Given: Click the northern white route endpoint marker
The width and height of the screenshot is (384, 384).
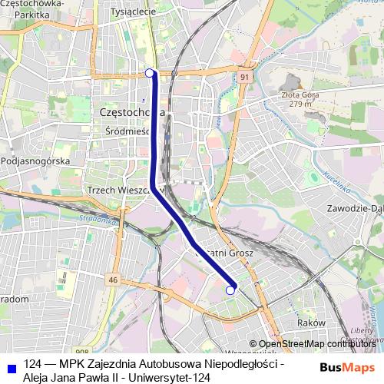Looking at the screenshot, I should pos(149,73).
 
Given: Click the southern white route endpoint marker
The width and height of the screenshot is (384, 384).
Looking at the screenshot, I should pos(230,290).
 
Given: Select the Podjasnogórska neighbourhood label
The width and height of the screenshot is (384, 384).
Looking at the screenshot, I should pos(36,161).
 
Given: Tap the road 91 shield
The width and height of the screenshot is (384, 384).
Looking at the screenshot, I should pos(243,78).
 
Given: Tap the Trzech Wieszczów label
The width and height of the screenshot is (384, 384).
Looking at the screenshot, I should pos(116,189).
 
